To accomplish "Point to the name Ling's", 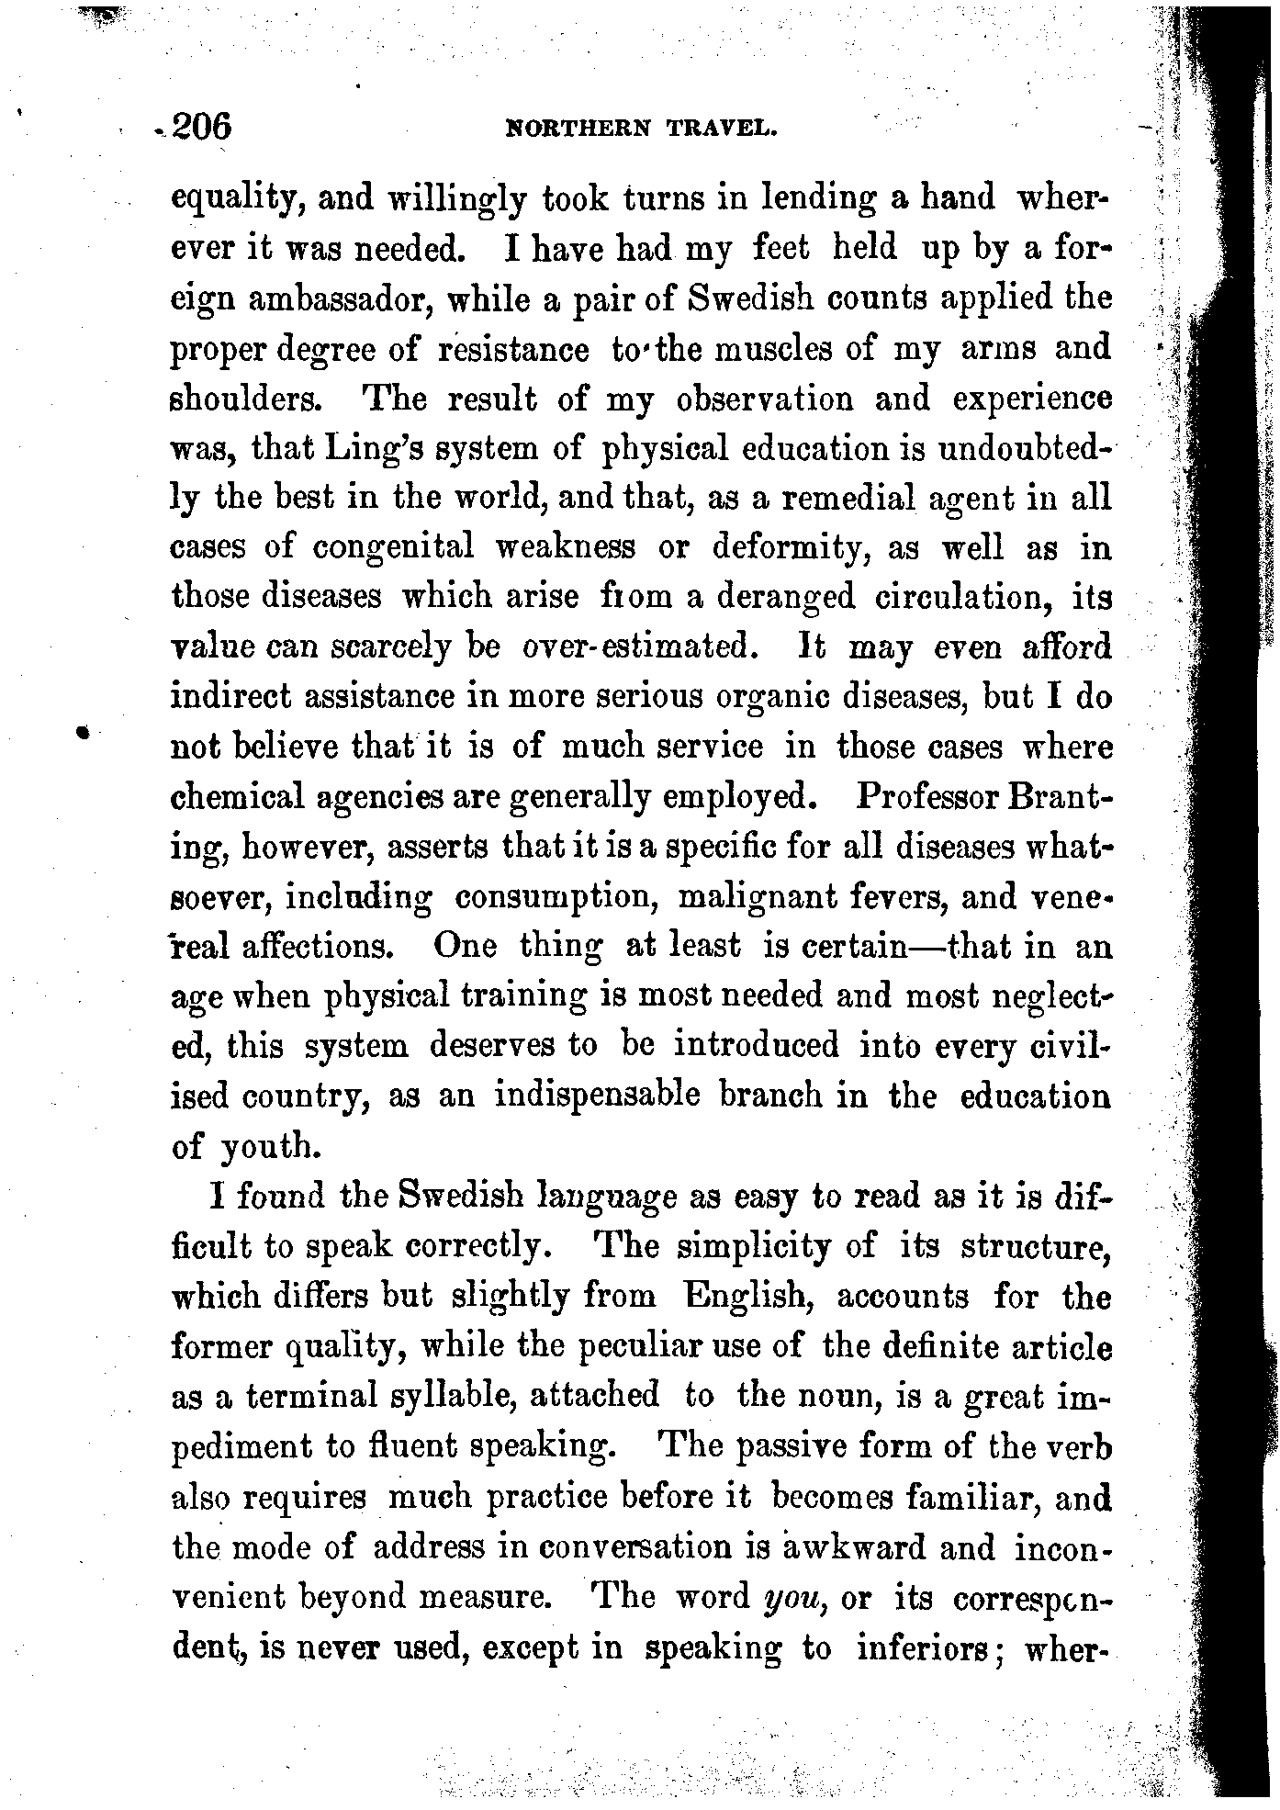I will click(x=376, y=450).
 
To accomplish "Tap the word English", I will click(x=747, y=1297).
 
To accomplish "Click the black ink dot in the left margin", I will click(x=83, y=732).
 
